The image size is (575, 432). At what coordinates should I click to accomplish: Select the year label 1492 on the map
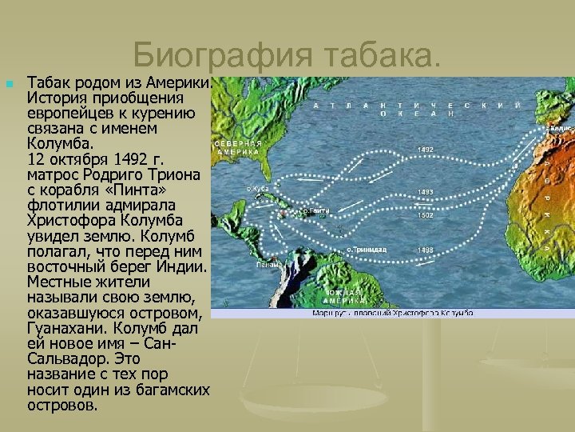coord(426,150)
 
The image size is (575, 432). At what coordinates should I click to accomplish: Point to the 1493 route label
coord(426,192)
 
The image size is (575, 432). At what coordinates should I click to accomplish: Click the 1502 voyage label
coord(426,215)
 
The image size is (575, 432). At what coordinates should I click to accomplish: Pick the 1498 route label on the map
coord(426,250)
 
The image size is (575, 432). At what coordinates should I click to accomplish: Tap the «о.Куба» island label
coord(258,189)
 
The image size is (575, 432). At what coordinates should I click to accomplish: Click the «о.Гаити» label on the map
coord(317,211)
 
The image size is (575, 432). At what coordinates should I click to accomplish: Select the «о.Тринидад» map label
coord(367,250)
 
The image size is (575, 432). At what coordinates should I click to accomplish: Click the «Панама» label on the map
coord(268,264)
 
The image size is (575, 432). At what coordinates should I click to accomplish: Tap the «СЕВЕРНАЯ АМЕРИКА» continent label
coord(237,146)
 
